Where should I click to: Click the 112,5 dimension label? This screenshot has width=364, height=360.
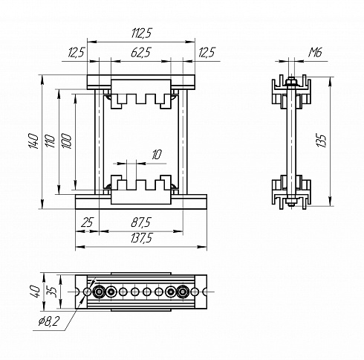click(141, 33)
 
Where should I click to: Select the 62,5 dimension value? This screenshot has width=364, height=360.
click(140, 52)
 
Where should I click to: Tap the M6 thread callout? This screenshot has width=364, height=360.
click(315, 52)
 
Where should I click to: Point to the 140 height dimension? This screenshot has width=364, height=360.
click(33, 141)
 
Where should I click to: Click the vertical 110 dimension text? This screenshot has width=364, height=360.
click(50, 141)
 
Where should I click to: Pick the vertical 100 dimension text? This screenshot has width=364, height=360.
click(66, 141)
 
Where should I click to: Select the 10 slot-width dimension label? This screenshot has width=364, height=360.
click(157, 155)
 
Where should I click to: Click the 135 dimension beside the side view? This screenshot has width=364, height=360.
click(322, 141)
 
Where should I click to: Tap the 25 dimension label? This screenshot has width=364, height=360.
click(88, 222)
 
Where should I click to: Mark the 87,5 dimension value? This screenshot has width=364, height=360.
click(141, 222)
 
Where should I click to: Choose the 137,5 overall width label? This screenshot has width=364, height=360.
click(141, 238)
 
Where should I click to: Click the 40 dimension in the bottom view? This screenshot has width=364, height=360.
click(34, 292)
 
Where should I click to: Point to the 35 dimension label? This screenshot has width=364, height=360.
click(53, 292)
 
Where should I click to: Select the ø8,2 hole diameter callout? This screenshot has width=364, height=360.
click(49, 322)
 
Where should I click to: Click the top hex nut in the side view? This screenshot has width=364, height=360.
click(291, 82)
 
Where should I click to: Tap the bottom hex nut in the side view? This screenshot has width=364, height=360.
click(291, 201)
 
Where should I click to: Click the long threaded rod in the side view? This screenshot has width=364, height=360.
click(291, 141)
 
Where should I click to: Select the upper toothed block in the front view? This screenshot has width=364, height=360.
click(141, 94)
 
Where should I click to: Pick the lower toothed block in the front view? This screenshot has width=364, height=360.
click(141, 190)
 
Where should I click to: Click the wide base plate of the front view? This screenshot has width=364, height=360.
click(141, 202)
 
